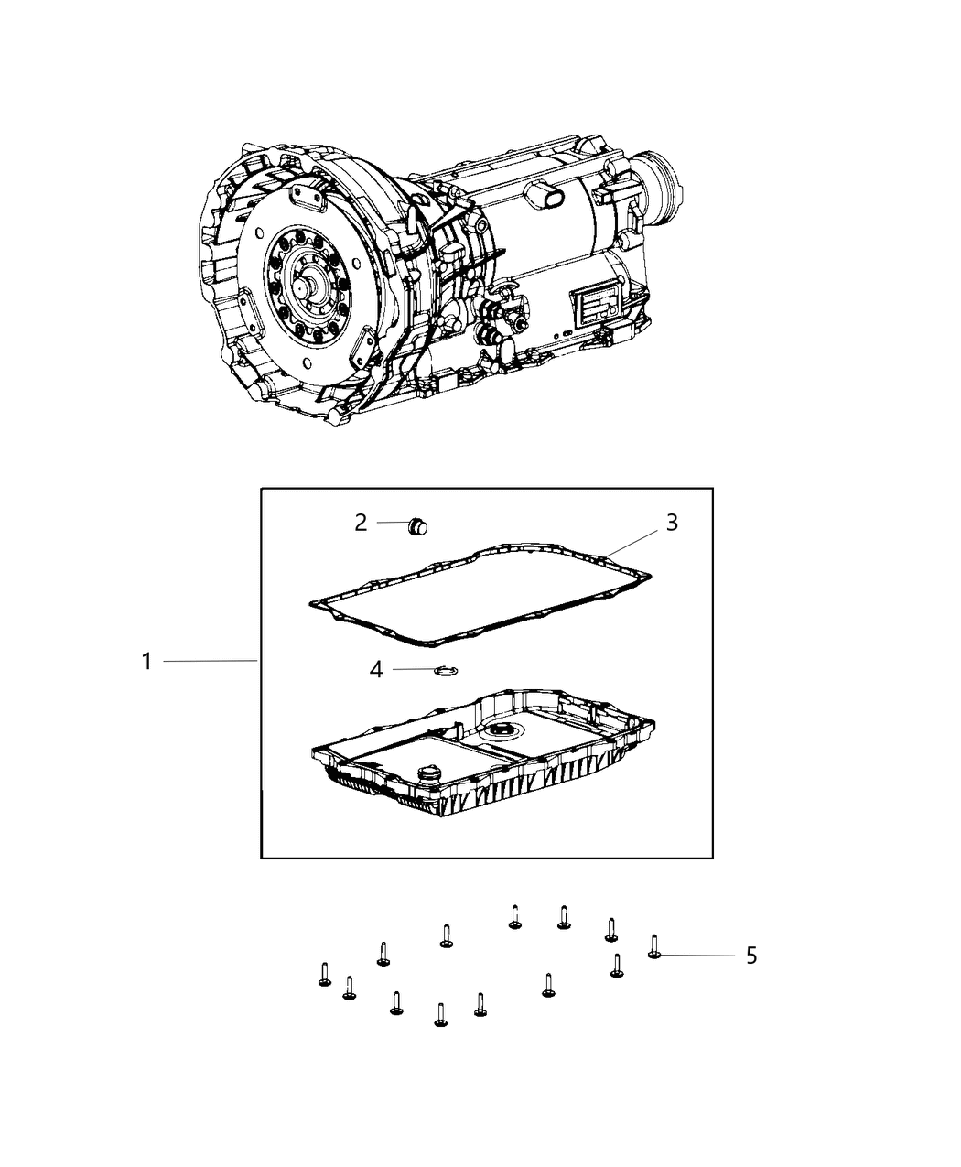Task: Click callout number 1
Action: click(147, 662)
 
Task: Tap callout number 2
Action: click(361, 523)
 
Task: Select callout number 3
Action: click(672, 523)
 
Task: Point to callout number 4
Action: click(376, 670)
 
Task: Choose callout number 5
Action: click(751, 956)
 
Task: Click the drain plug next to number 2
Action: click(416, 526)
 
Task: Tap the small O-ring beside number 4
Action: click(447, 670)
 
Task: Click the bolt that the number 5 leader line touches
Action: click(654, 946)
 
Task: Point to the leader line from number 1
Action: click(211, 661)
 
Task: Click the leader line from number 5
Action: click(698, 956)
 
